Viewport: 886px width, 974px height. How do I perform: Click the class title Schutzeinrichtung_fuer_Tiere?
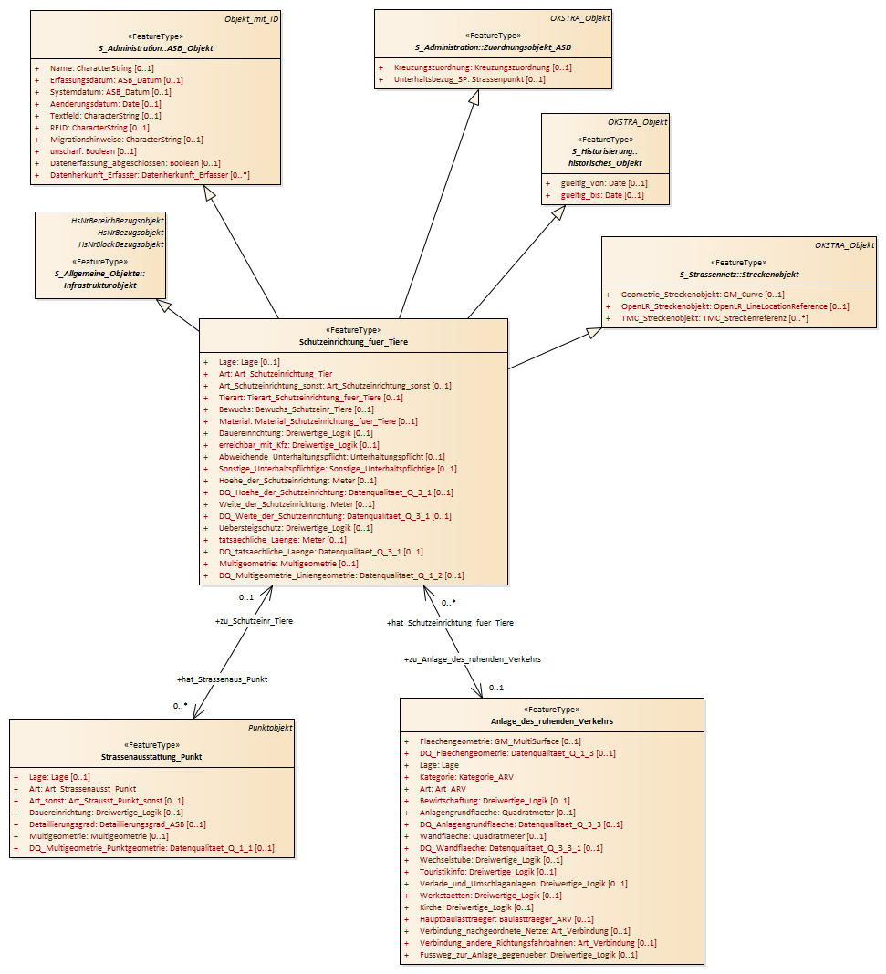point(353,342)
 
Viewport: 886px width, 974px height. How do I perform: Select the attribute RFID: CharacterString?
point(99,128)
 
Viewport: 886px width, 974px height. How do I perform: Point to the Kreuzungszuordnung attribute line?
point(483,67)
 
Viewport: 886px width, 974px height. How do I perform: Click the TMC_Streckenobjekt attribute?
point(714,318)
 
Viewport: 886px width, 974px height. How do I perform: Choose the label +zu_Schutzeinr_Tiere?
point(254,620)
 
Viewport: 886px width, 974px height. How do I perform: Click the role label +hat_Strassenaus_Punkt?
point(222,679)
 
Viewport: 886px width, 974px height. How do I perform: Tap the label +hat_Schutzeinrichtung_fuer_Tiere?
point(450,622)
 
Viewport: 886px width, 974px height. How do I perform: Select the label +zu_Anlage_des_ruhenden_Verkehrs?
point(473,659)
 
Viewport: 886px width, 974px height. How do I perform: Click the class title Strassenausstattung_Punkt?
point(151,757)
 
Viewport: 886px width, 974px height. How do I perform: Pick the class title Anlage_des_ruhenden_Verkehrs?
point(552,721)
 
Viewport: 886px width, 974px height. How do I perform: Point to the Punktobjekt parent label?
point(270,728)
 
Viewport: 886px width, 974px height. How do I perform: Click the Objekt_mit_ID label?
point(252,19)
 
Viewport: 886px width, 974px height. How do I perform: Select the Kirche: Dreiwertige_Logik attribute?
point(476,907)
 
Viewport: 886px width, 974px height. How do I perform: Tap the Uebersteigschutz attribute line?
point(296,528)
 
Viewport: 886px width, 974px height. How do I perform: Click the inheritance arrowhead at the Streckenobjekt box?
point(595,333)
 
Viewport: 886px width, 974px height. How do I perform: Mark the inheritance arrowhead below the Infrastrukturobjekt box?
point(163,305)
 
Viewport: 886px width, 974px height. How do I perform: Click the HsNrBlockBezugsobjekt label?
point(121,244)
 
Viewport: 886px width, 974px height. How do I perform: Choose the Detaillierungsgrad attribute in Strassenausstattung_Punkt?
point(118,824)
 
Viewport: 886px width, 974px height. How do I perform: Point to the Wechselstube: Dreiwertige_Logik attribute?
point(491,860)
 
